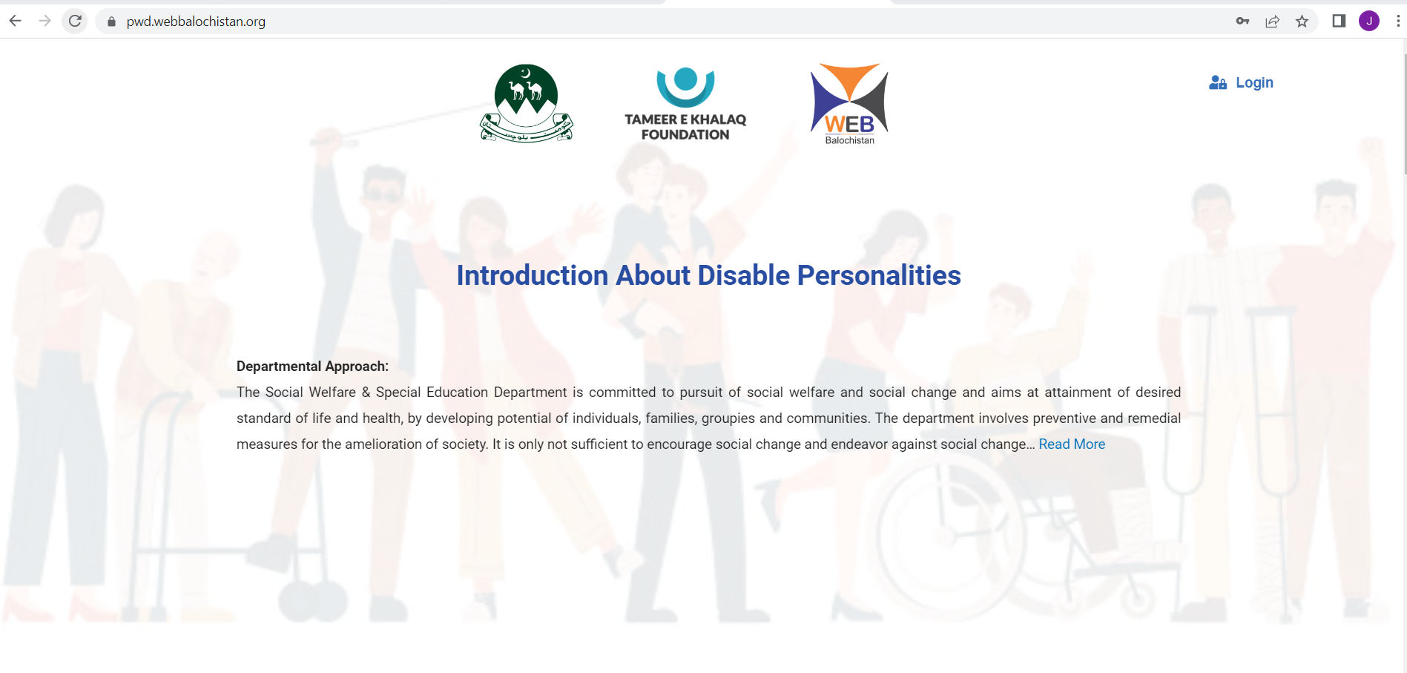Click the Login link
click(1253, 82)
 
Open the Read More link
click(1071, 444)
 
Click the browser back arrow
click(15, 21)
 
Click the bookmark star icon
click(1302, 22)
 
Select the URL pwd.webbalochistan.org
click(196, 22)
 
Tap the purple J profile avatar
click(1368, 21)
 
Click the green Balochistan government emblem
click(526, 102)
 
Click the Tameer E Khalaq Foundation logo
click(685, 103)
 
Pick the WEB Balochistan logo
click(849, 103)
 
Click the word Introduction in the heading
click(532, 275)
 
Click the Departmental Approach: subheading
click(312, 366)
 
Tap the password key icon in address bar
click(1242, 22)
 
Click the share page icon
click(1272, 22)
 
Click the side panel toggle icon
click(1339, 21)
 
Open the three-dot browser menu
click(1397, 21)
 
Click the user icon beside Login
click(1217, 82)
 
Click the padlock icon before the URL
click(111, 22)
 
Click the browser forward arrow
click(45, 21)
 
